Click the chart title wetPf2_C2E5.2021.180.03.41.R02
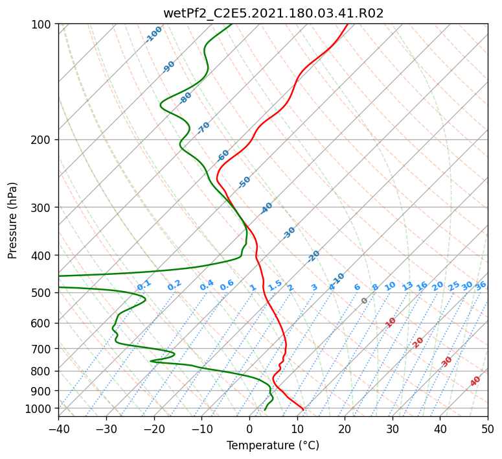273,13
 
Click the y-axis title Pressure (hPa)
12,220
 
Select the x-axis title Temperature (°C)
273,445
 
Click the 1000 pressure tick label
40,408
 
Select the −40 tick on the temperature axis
58,429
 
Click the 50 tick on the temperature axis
488,429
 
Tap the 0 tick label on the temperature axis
249,429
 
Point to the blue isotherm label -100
154,34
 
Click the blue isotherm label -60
223,156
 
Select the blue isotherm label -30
289,233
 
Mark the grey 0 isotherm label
364,301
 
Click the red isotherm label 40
475,381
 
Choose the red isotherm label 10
391,323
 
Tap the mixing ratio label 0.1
144,285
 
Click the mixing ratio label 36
481,286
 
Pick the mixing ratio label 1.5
275,285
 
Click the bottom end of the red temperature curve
303,410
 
